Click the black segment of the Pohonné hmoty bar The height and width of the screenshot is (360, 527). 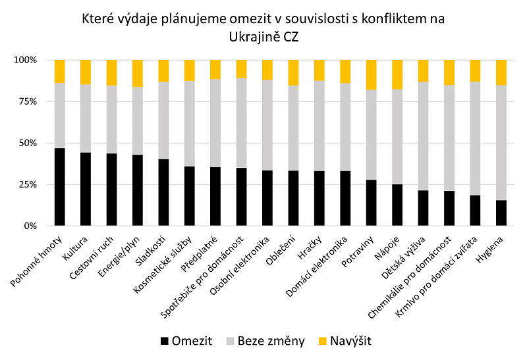pyautogui.click(x=59, y=187)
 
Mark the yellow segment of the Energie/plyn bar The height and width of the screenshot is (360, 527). pyautogui.click(x=137, y=73)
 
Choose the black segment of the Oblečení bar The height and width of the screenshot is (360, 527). pyautogui.click(x=293, y=198)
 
